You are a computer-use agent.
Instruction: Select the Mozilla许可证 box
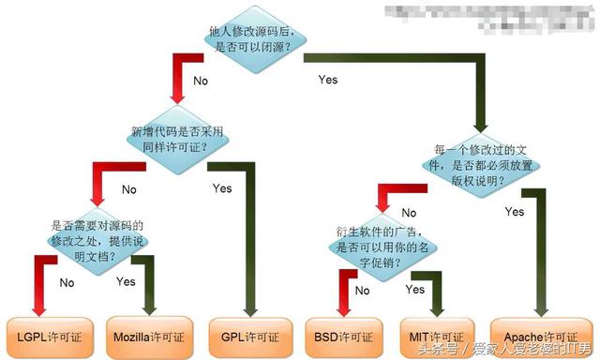[x=148, y=334]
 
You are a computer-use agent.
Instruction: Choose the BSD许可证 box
[x=345, y=334]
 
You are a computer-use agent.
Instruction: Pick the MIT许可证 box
[x=436, y=334]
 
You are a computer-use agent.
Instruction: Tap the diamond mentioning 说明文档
[x=91, y=239]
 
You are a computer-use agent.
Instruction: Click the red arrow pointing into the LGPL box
[x=38, y=305]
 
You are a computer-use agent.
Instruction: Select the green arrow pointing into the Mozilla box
[x=147, y=305]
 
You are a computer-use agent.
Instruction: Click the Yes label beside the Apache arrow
[x=515, y=212]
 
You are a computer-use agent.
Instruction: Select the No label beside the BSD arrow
[x=362, y=291]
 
